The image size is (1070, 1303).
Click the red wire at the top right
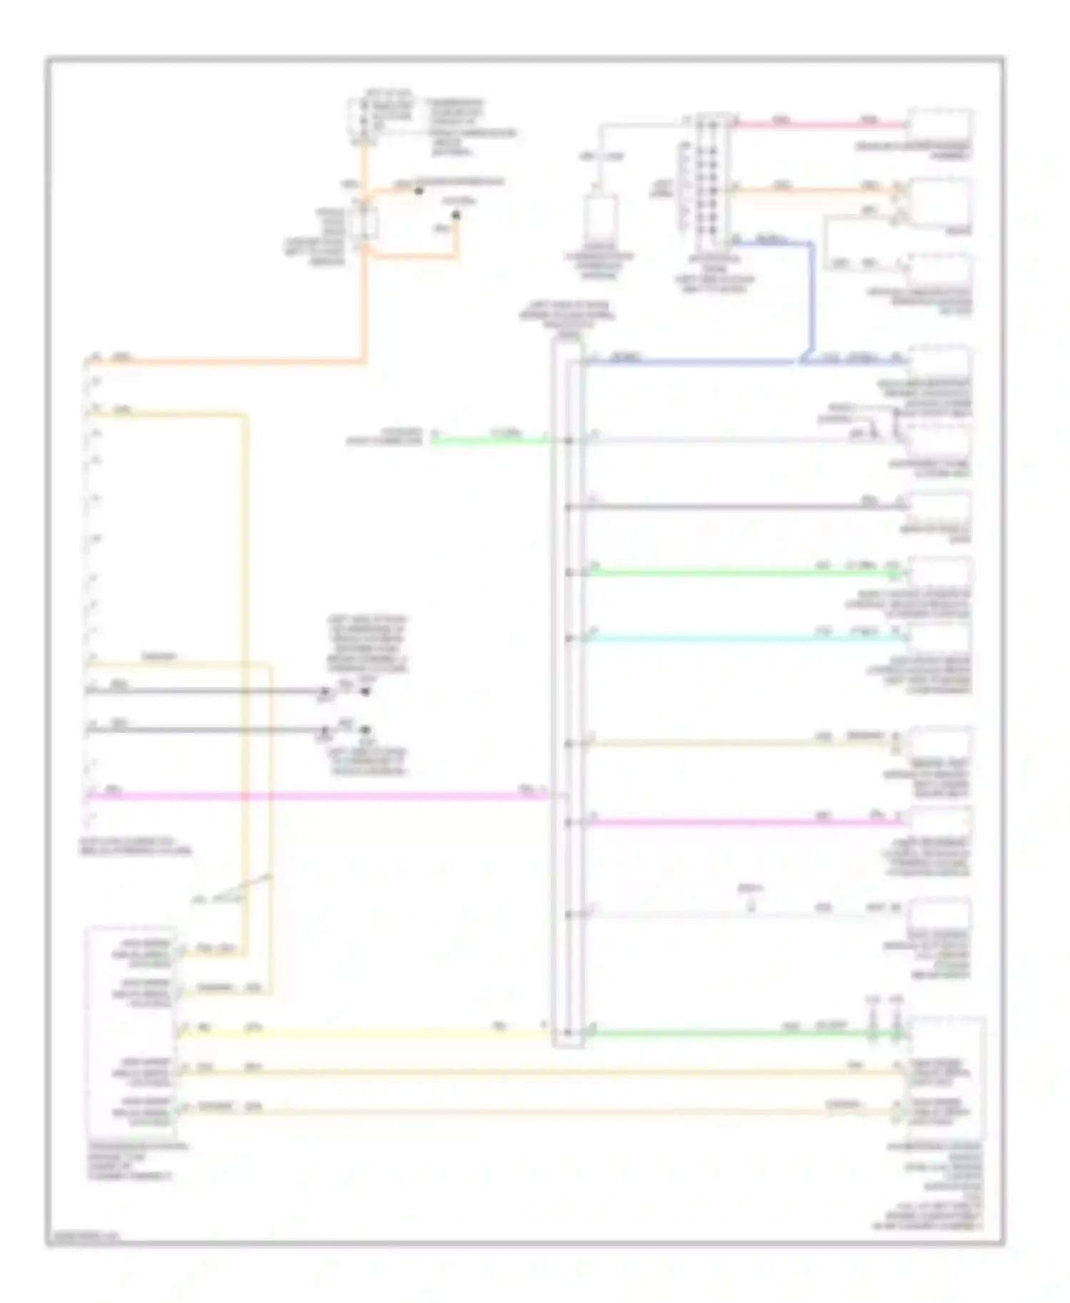pos(820,125)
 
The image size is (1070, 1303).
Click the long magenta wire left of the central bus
pos(314,795)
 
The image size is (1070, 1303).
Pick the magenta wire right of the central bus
pos(742,823)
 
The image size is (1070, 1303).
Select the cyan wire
pos(742,638)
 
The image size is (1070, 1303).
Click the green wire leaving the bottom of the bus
pos(742,1033)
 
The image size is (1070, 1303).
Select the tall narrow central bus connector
pos(569,691)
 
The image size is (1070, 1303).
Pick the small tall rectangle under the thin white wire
pos(601,219)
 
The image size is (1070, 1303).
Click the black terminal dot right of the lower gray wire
pos(365,731)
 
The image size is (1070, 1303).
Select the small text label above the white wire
pos(749,889)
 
